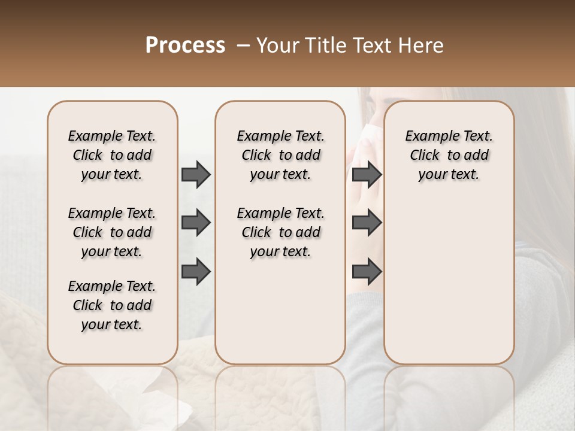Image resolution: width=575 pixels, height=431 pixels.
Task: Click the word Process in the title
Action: pyautogui.click(x=185, y=45)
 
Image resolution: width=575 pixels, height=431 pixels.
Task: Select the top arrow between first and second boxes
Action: pyautogui.click(x=196, y=174)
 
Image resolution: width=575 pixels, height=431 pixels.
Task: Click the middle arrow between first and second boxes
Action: pyautogui.click(x=196, y=223)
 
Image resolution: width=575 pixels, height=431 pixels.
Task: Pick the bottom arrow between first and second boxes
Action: pyautogui.click(x=196, y=272)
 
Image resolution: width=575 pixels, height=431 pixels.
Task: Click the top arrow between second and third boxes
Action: pyautogui.click(x=367, y=174)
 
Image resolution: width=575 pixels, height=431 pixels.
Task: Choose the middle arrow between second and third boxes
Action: pyautogui.click(x=367, y=223)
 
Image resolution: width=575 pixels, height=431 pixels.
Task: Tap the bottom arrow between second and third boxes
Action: pyautogui.click(x=367, y=272)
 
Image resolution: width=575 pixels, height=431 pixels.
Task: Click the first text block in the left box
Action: pyautogui.click(x=112, y=155)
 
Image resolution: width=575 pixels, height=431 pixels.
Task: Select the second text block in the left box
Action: pyautogui.click(x=112, y=232)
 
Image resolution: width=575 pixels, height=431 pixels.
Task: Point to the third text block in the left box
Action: pyautogui.click(x=112, y=305)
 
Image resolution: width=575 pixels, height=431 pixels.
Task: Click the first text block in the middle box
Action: pyautogui.click(x=280, y=155)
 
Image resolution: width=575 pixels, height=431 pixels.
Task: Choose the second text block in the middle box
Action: pyautogui.click(x=280, y=232)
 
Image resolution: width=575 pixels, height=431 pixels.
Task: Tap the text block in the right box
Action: pyautogui.click(x=449, y=155)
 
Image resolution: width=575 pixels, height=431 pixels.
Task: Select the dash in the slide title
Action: pyautogui.click(x=243, y=45)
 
